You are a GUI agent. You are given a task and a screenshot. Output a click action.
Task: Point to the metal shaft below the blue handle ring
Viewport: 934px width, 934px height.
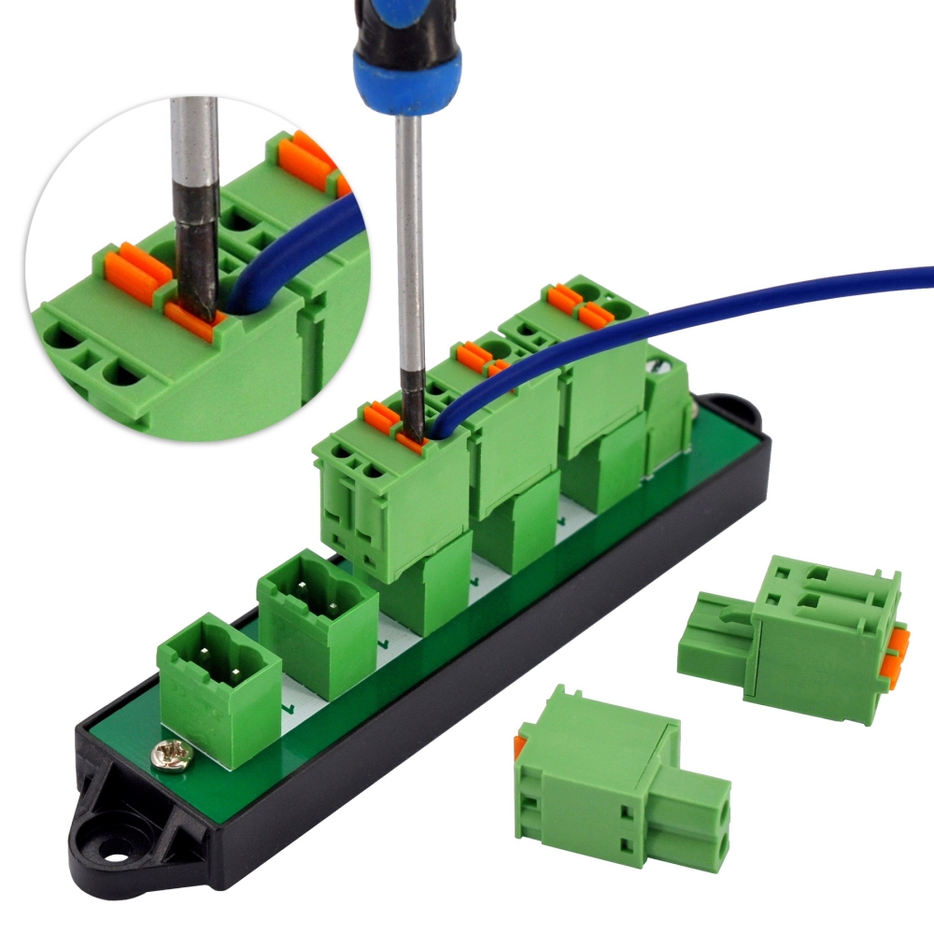[409, 233]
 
